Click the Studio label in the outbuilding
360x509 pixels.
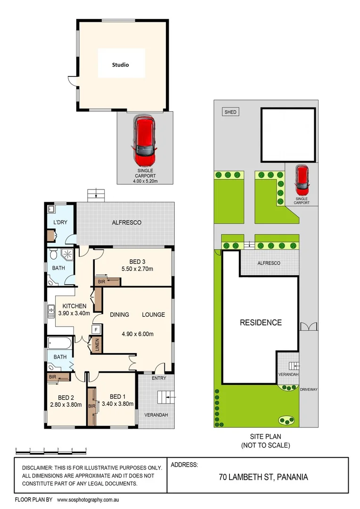[120, 65]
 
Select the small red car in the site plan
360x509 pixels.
[302, 180]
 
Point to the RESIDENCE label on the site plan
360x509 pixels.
[261, 323]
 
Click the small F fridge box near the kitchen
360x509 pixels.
[96, 329]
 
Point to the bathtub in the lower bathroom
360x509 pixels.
[60, 343]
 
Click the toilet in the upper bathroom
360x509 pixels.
[53, 255]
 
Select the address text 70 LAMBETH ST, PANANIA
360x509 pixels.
[263, 477]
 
